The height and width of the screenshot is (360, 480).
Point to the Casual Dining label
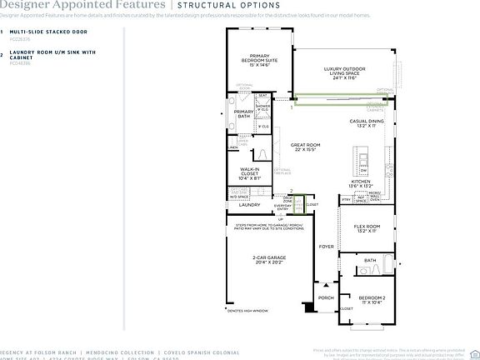pos(367,123)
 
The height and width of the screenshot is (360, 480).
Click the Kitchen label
pos(360,182)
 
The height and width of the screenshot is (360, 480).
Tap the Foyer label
pos(326,247)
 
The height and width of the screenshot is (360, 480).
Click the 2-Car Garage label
pos(269,259)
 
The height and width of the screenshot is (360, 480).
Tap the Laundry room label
pos(251,204)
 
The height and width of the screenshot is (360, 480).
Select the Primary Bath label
pos(243,114)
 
